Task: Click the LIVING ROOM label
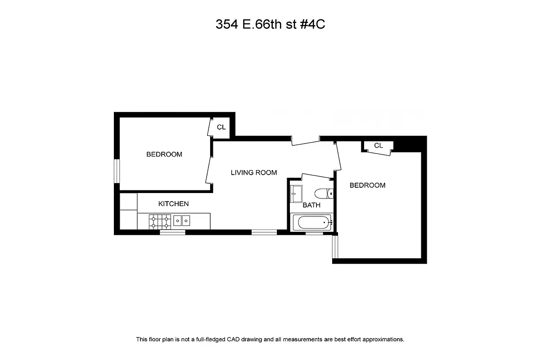[x=253, y=172]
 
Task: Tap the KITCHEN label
[x=173, y=204]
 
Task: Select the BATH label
[x=311, y=205]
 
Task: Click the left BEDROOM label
[x=164, y=154]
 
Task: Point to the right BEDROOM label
[x=367, y=185]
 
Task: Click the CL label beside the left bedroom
[x=221, y=127]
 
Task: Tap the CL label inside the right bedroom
[x=378, y=145]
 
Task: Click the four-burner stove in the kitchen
[x=160, y=220]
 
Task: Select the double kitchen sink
[x=182, y=220]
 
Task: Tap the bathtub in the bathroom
[x=312, y=222]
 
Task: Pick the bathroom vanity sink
[x=296, y=193]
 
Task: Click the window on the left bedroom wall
[x=117, y=171]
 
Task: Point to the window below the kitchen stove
[x=172, y=232]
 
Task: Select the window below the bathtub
[x=314, y=233]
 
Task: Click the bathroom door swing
[x=317, y=175]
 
